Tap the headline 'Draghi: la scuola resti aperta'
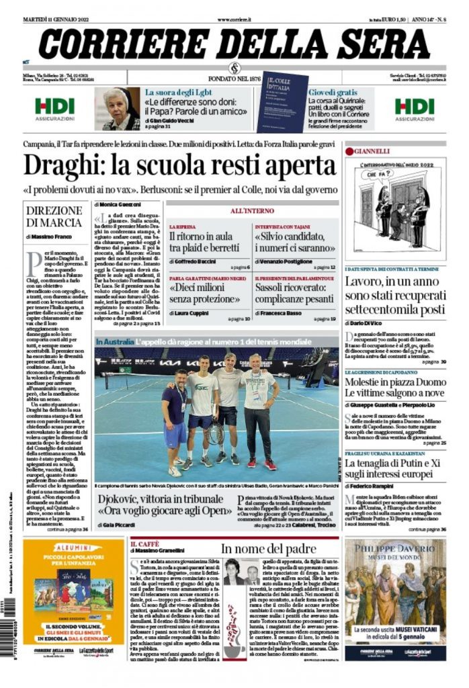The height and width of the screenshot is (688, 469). tap(179, 165)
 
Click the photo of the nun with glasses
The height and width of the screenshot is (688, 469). tap(121, 108)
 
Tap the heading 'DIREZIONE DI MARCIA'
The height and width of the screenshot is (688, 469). tap(54, 216)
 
